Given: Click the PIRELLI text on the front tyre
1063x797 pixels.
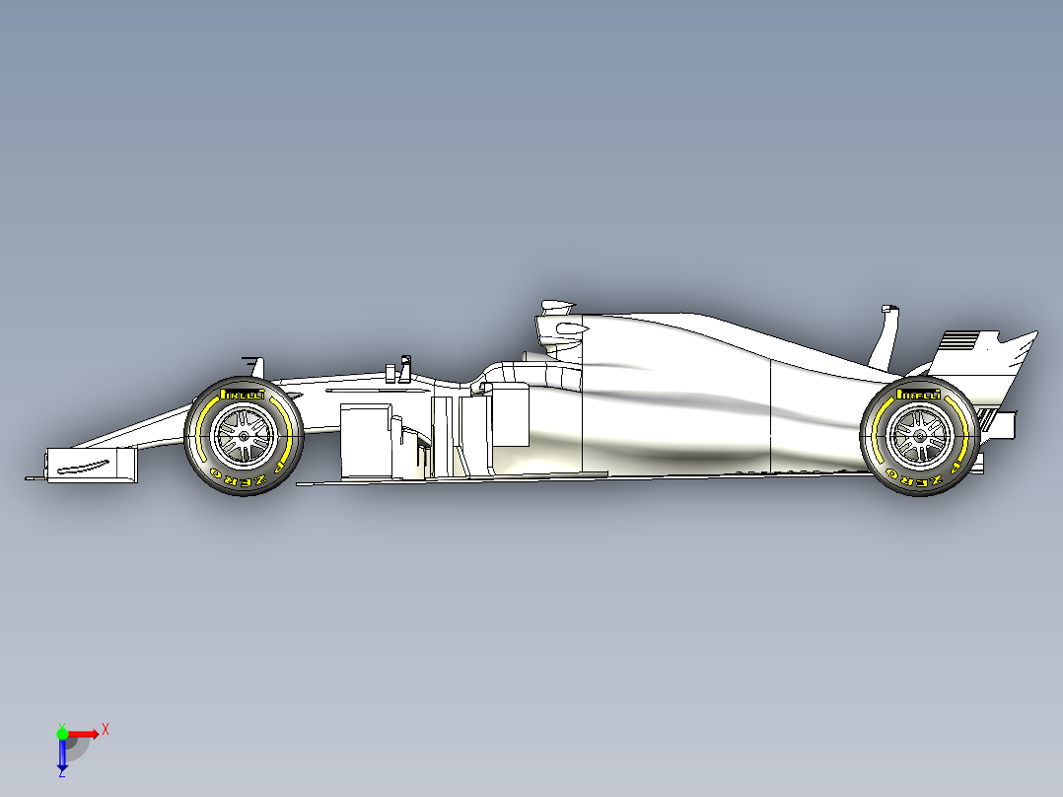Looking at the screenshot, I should (243, 394).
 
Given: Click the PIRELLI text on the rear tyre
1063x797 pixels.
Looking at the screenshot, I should (918, 395).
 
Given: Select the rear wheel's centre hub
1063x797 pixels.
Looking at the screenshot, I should (919, 436).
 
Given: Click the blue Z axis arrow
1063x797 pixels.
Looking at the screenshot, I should (62, 757).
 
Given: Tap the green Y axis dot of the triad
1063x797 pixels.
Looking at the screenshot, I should (62, 733).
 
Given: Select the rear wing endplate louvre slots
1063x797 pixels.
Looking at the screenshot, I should (960, 341).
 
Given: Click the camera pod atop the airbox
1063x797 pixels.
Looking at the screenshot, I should (554, 304).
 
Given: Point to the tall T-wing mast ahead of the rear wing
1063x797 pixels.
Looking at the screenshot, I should (886, 335).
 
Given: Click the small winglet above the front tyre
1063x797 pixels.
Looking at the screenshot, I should (251, 364).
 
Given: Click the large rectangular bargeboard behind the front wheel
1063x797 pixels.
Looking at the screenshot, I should (364, 439).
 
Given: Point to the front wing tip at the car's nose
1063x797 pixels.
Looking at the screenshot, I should (35, 478).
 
